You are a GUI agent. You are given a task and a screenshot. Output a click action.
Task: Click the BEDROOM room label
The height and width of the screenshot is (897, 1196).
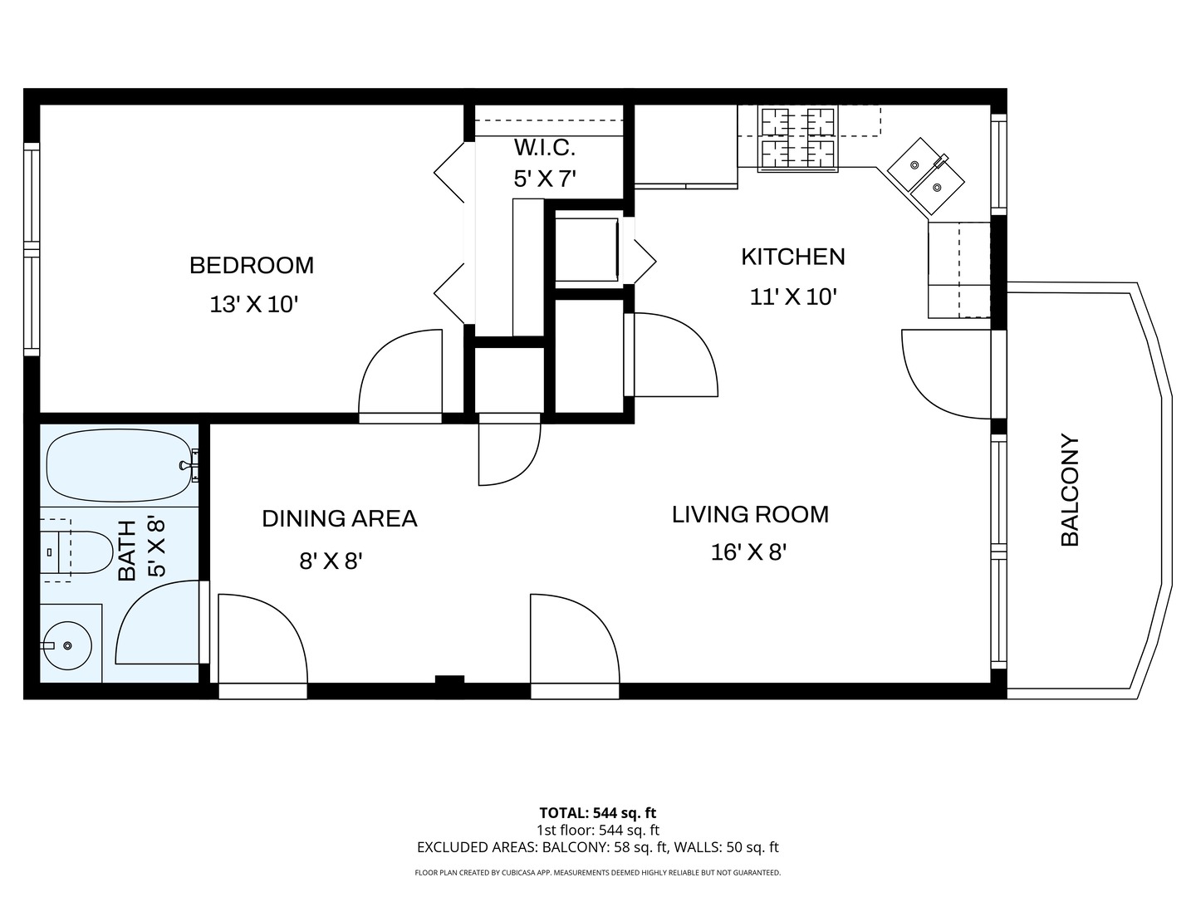[x=252, y=265]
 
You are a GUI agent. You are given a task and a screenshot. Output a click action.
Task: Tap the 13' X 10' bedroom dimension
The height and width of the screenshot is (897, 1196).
[x=254, y=305]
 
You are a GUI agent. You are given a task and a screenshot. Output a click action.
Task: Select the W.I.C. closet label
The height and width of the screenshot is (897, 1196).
[x=545, y=147]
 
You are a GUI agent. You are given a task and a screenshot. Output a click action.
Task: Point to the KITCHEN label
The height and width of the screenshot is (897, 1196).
[x=793, y=257]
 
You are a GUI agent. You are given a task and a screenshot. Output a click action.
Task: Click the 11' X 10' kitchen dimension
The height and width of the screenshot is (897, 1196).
[x=793, y=297]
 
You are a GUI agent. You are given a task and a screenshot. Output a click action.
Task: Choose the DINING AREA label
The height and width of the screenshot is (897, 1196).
[x=340, y=518]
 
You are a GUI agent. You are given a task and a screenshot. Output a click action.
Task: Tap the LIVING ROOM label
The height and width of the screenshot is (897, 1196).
[x=750, y=515]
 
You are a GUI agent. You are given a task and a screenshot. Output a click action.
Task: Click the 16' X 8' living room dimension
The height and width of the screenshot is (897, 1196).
[x=748, y=553]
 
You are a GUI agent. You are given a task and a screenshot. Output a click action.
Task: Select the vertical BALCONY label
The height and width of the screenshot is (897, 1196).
[x=1070, y=490]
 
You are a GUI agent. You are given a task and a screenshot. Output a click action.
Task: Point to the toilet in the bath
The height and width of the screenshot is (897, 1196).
[x=76, y=551]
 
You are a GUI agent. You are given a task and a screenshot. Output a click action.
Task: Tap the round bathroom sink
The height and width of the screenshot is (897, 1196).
[x=67, y=645]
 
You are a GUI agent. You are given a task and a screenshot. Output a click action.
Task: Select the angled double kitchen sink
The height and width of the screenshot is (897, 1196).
[x=926, y=176]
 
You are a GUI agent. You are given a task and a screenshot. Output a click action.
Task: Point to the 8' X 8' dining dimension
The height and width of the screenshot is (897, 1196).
[x=331, y=561]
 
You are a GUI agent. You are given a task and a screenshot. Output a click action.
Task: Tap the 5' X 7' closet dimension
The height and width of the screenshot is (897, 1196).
[x=545, y=179]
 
